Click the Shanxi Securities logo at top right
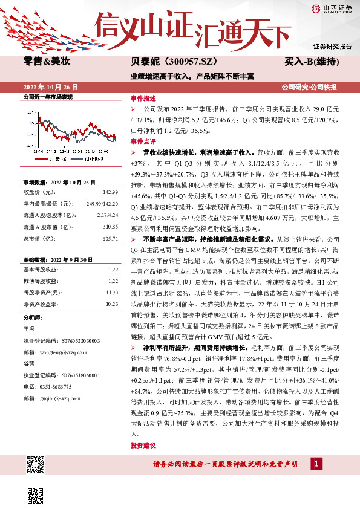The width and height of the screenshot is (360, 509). coord(332,8)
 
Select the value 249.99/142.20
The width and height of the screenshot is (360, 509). coord(102,204)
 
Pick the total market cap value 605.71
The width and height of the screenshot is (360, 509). coord(110,239)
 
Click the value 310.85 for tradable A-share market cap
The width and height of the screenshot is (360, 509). coord(110,227)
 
